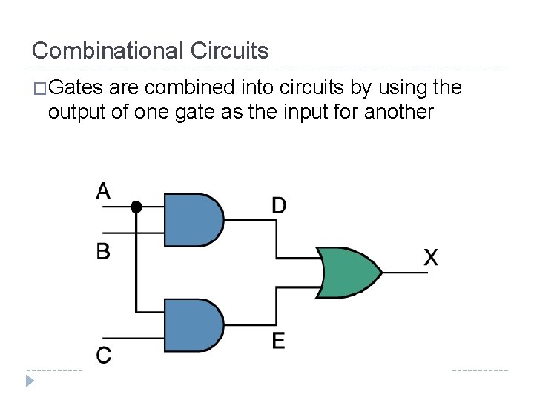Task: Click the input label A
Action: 103,191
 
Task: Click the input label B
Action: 103,251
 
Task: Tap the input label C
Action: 104,355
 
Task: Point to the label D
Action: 279,204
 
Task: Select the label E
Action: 278,341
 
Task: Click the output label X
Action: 431,258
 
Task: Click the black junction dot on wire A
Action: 136,207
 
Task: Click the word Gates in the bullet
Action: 77,89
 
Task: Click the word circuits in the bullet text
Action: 314,89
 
